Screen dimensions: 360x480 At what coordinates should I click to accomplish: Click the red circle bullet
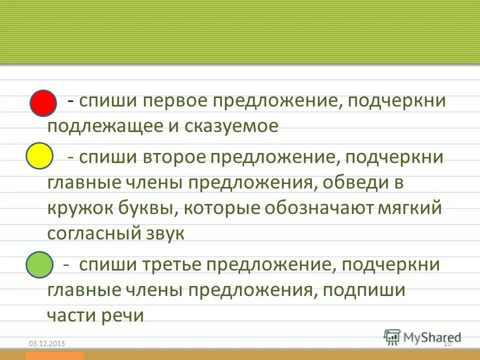pos(43,103)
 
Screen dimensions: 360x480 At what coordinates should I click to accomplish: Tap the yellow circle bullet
pos(39,156)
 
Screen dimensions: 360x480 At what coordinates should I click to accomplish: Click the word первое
pos(177,101)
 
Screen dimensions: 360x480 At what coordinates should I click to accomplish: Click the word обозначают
pos(303,208)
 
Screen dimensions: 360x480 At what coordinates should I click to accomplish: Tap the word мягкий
pos(405,208)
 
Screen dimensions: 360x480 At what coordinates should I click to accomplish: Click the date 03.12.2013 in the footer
pos(46,343)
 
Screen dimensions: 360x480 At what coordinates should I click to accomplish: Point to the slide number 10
pos(447,343)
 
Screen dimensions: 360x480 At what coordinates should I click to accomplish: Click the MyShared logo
pos(422,336)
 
